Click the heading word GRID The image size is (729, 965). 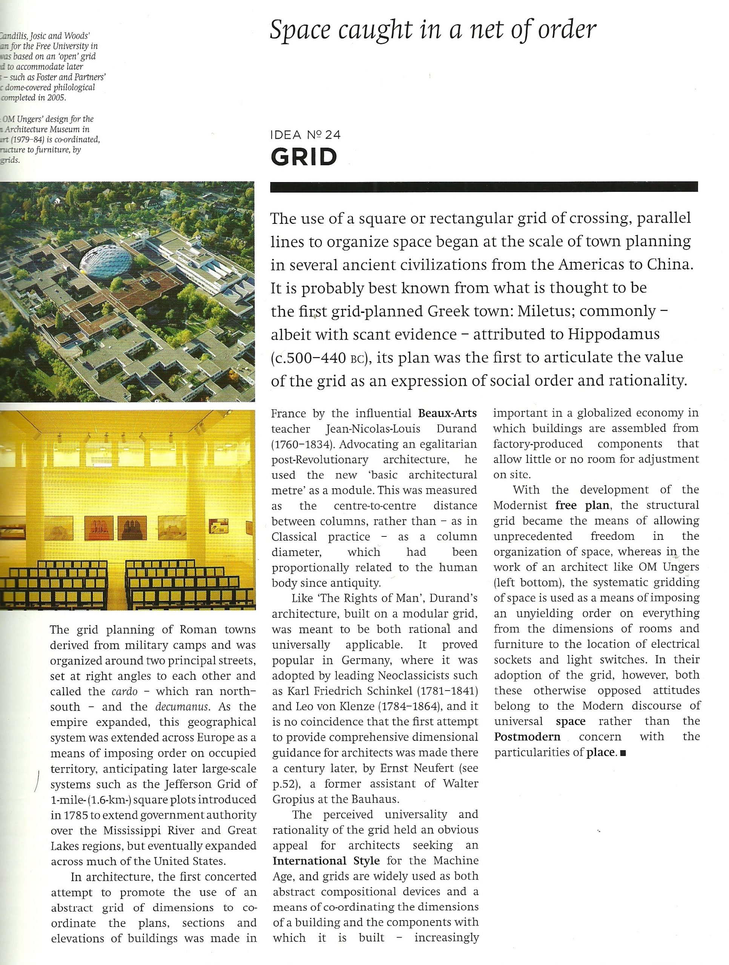click(304, 157)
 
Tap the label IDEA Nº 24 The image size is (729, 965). click(305, 135)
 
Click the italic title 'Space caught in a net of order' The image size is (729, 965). click(433, 30)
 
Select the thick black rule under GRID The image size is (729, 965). click(483, 187)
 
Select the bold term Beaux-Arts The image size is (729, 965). click(447, 413)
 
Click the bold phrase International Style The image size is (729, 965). click(325, 861)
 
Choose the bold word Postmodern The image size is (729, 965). click(527, 737)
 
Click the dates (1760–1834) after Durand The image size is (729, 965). click(302, 444)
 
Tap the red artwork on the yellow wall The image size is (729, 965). click(99, 528)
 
